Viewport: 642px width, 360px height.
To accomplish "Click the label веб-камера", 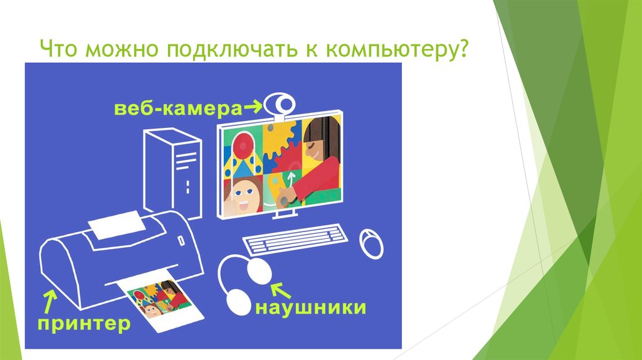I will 178,110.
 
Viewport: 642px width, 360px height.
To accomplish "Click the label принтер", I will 83,324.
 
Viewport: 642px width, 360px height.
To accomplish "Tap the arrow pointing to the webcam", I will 253,109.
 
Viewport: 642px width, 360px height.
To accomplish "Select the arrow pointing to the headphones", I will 281,289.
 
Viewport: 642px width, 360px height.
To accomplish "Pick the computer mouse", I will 371,243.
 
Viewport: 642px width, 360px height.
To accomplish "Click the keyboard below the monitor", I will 295,242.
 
